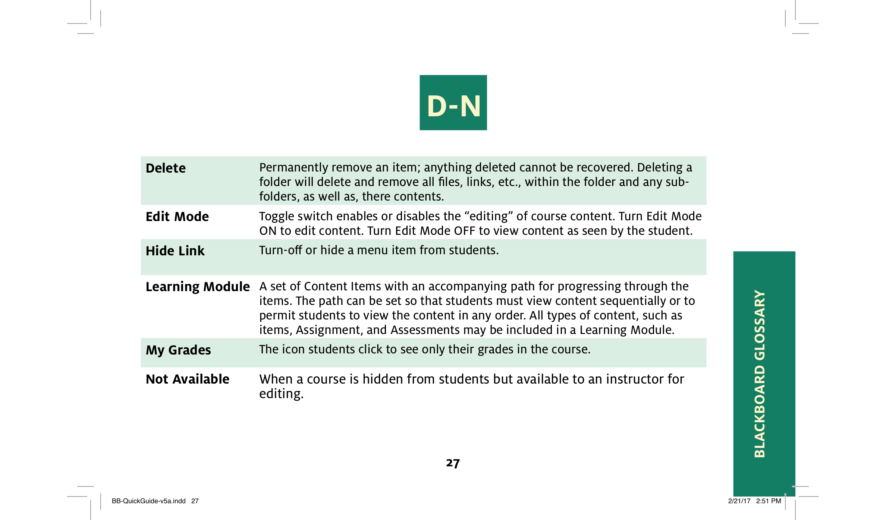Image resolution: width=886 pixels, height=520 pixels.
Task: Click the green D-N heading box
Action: (453, 103)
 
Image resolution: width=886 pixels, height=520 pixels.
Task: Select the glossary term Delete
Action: (166, 168)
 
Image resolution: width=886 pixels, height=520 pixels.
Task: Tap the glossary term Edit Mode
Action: (177, 217)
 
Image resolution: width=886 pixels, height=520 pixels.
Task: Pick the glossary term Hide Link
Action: (175, 251)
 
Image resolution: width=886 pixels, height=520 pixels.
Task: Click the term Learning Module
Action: (198, 287)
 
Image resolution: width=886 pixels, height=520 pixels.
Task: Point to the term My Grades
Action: (178, 350)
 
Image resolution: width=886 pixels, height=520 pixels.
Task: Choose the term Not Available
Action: (187, 379)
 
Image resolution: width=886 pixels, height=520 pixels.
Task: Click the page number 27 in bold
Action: (453, 463)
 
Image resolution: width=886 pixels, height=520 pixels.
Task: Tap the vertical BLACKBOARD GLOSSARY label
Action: (760, 374)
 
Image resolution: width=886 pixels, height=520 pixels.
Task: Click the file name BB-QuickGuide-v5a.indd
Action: (148, 501)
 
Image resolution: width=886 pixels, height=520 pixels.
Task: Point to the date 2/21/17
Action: (739, 501)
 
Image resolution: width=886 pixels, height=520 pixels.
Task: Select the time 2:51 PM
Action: (769, 501)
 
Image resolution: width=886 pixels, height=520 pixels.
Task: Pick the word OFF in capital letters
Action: (464, 231)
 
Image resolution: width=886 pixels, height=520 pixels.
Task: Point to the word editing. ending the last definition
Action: (282, 394)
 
